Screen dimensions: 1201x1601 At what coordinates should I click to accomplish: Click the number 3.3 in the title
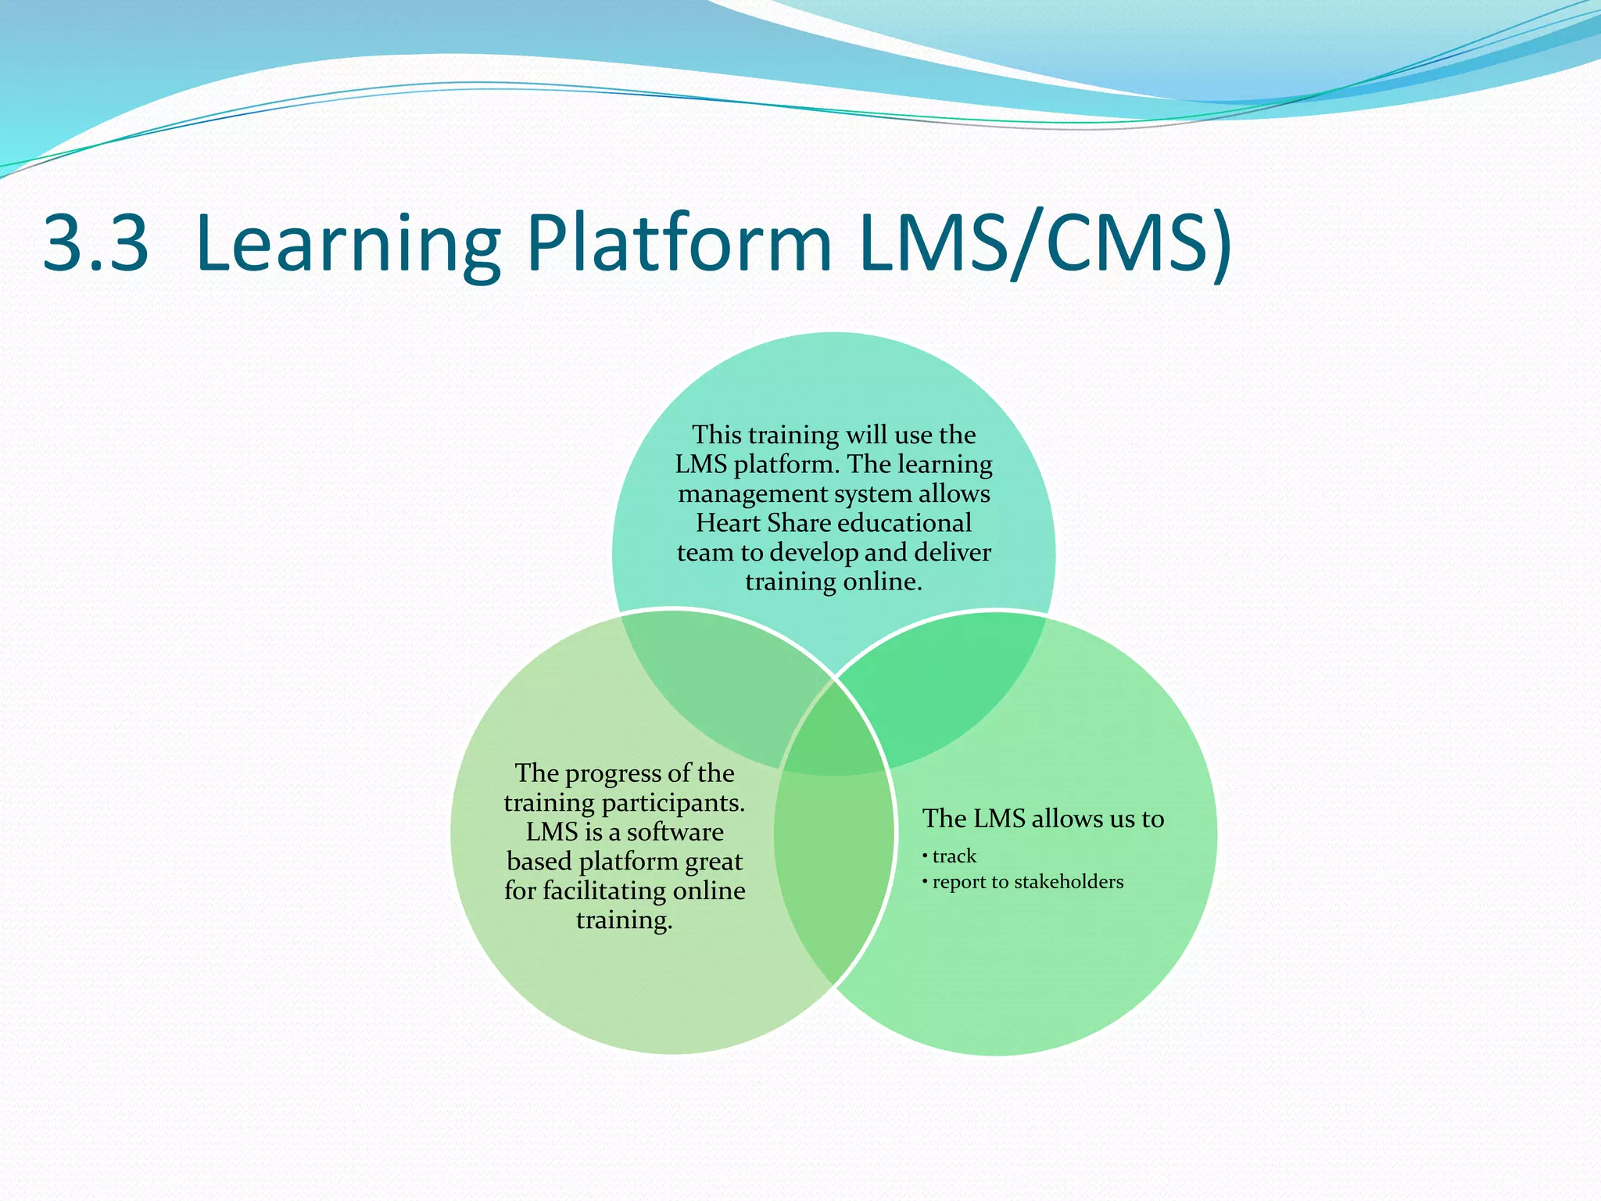pyautogui.click(x=95, y=244)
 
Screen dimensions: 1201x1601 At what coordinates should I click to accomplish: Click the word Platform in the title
pyautogui.click(x=679, y=244)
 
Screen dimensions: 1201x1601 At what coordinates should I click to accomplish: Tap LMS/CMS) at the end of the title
pyautogui.click(x=1044, y=244)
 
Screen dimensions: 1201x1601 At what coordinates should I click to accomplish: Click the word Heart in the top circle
pyautogui.click(x=729, y=523)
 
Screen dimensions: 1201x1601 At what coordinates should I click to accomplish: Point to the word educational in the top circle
pyautogui.click(x=904, y=523)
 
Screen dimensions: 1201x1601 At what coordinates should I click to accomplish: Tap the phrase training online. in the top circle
pyautogui.click(x=833, y=582)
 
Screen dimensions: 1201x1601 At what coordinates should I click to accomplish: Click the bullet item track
pyautogui.click(x=954, y=856)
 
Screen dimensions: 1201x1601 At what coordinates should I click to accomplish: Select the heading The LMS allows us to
pyautogui.click(x=1043, y=819)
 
